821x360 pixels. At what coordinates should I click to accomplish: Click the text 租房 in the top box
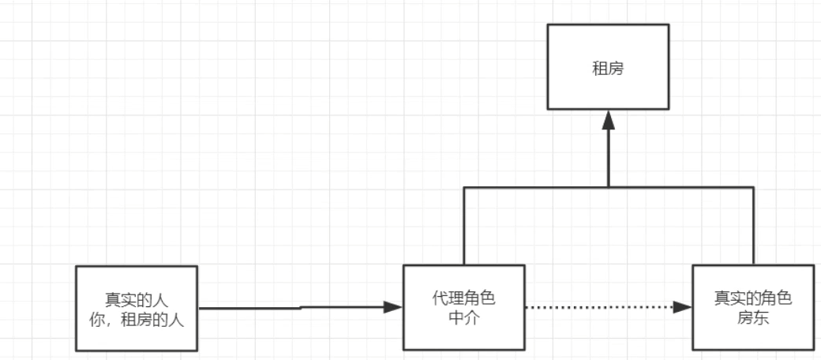point(608,68)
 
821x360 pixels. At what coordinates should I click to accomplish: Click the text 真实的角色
point(752,298)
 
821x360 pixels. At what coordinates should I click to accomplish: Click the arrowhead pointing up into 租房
point(608,119)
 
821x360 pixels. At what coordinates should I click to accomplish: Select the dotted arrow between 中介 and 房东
point(600,307)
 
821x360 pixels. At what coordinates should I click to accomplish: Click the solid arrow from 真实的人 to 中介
point(253,309)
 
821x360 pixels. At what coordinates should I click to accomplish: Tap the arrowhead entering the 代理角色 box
point(393,307)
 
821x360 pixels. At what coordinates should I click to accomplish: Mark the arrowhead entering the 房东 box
point(683,307)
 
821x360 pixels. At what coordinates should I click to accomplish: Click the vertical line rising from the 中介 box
point(463,225)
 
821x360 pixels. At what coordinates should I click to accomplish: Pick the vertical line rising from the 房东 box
point(753,225)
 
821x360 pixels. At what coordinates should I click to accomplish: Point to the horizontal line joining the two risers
point(537,187)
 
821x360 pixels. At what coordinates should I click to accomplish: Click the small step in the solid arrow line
point(301,308)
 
